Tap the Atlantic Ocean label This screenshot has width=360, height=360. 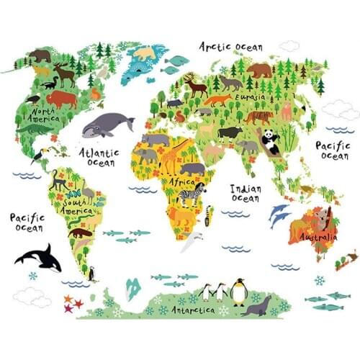[x=99, y=157]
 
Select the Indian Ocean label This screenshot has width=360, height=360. [x=246, y=193]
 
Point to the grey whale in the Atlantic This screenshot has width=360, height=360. [x=106, y=127]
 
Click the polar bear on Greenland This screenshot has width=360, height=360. [x=146, y=53]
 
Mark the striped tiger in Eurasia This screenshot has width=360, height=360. [x=258, y=116]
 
